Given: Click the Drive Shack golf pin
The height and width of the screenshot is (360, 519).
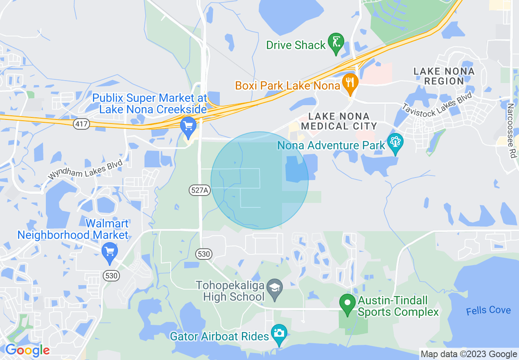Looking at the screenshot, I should pos(336,43).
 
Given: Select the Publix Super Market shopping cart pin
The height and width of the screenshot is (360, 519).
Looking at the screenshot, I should pos(188,127).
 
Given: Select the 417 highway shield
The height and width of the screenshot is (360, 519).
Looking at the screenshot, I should pos(81,124).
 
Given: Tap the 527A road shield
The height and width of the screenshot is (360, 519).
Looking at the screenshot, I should pos(200,190).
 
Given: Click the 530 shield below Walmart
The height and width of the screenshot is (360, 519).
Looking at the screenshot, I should pos(111,275).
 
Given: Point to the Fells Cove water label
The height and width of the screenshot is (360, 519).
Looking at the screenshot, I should pos(488,310).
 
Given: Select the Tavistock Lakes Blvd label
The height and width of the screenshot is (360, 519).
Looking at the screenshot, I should pos(437,104).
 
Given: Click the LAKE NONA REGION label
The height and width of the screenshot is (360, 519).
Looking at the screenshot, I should pos(444,76).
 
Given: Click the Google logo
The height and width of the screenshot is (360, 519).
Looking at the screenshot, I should pos(27,350).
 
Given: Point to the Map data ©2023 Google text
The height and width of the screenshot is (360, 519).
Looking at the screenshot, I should pos(469,354).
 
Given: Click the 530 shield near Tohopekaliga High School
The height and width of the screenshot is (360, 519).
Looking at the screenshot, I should pos(204,254).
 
